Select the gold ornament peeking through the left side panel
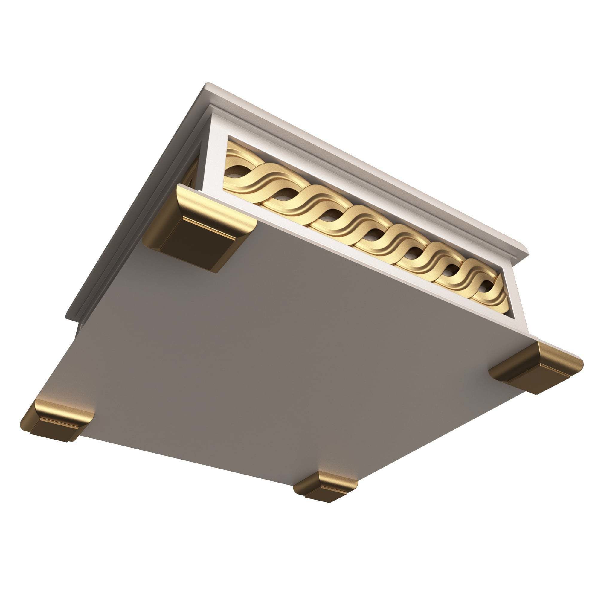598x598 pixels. (192, 173)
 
